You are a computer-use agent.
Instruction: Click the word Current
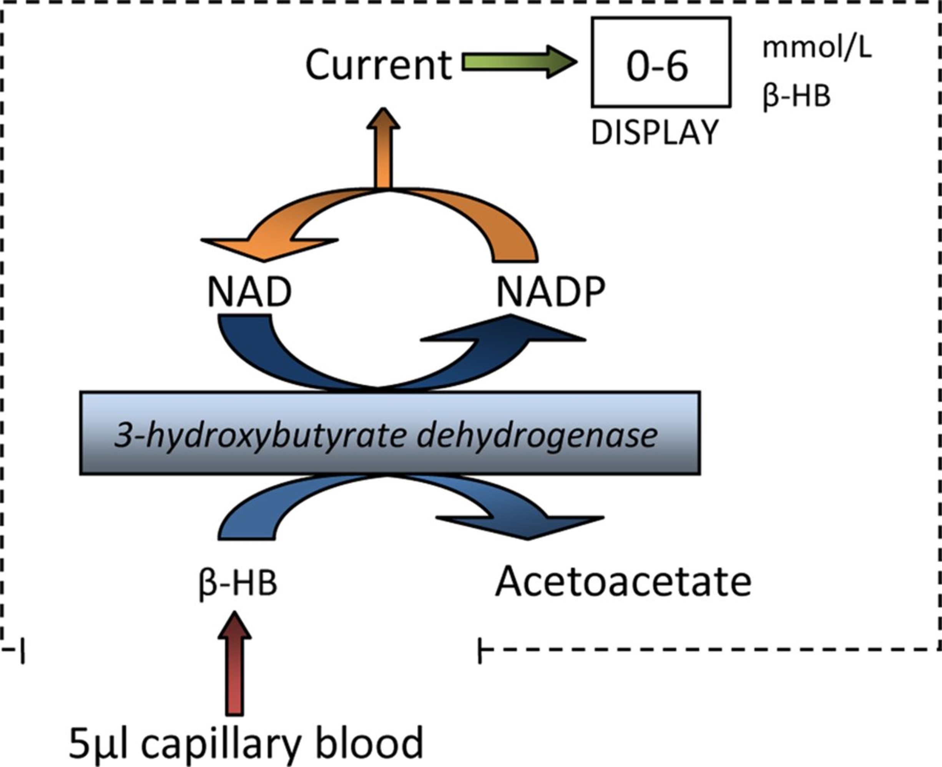click(x=379, y=65)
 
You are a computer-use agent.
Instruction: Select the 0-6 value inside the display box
click(x=657, y=66)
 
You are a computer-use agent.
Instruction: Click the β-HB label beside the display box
click(x=796, y=96)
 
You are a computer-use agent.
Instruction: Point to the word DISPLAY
click(x=655, y=133)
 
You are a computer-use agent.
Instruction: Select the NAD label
click(x=249, y=292)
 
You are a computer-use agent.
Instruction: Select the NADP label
click(x=550, y=292)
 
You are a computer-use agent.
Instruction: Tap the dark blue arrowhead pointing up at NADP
click(x=508, y=329)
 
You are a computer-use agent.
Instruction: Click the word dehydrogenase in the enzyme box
click(x=537, y=436)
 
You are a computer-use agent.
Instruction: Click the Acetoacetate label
click(x=623, y=581)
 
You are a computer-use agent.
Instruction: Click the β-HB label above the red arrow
click(x=238, y=583)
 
